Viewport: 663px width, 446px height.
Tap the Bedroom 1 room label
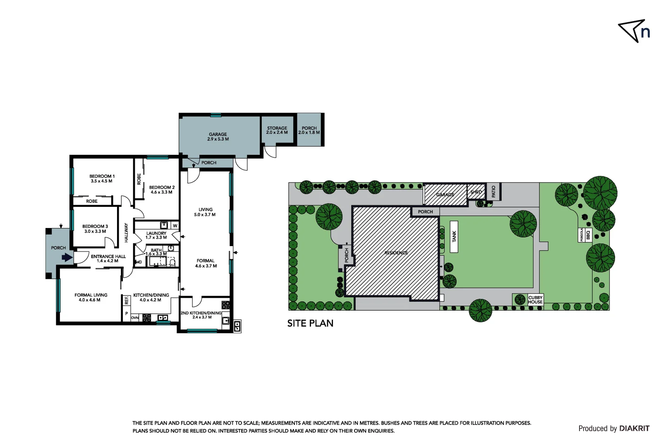click(x=102, y=178)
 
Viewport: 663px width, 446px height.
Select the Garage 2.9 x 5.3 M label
click(x=218, y=137)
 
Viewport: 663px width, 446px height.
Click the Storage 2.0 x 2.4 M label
click(x=277, y=130)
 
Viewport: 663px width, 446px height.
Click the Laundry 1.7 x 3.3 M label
click(x=156, y=235)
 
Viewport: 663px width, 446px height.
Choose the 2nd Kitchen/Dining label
click(x=201, y=315)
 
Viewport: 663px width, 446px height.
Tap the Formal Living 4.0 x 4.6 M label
click(x=91, y=297)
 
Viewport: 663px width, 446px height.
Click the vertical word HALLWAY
click(x=127, y=232)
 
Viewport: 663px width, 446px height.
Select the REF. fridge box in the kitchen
click(x=127, y=301)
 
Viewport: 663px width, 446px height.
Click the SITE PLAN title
click(x=310, y=323)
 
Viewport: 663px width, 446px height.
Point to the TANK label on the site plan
click(x=454, y=237)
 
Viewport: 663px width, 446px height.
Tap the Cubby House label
click(x=535, y=300)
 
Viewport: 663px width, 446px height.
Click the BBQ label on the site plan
click(x=588, y=235)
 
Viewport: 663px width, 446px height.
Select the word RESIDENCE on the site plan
click(x=396, y=253)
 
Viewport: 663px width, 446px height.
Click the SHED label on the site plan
click(x=476, y=192)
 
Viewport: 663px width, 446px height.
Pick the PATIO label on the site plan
click(x=493, y=191)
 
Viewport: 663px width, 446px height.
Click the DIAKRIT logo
click(x=634, y=429)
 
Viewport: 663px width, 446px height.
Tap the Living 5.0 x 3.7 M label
click(x=205, y=212)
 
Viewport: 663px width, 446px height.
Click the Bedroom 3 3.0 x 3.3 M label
click(x=95, y=229)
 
